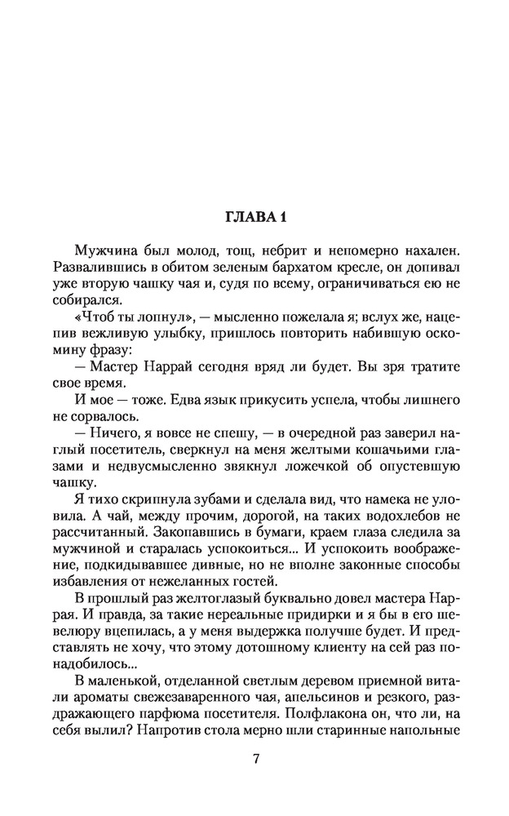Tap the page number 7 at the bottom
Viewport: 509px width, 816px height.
[x=255, y=758]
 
